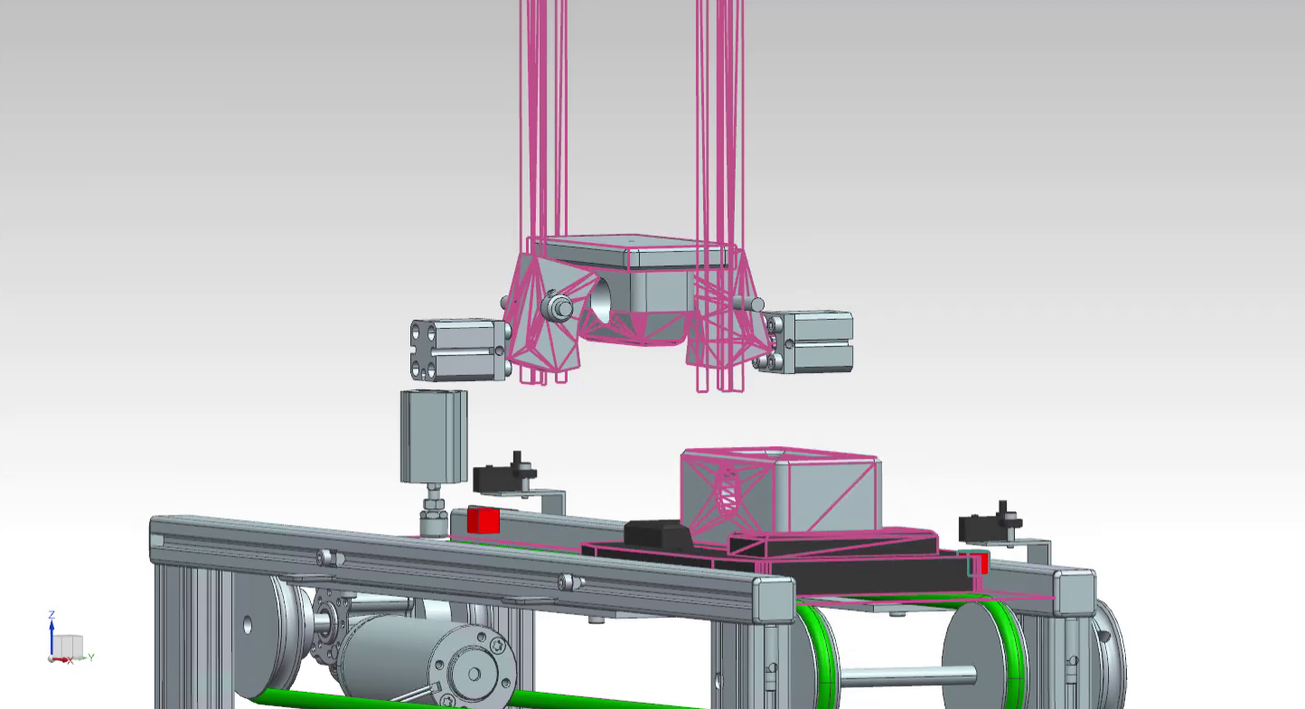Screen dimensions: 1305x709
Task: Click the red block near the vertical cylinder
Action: pyautogui.click(x=483, y=520)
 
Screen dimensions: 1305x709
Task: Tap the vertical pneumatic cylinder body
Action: pyautogui.click(x=434, y=436)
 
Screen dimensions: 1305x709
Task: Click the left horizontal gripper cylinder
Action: pyautogui.click(x=459, y=350)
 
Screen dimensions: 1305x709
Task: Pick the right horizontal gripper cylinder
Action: pyautogui.click(x=806, y=342)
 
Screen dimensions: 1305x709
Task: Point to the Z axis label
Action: pyautogui.click(x=52, y=614)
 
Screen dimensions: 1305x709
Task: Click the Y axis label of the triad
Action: pyautogui.click(x=91, y=658)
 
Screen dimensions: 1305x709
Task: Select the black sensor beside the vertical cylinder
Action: pyautogui.click(x=504, y=474)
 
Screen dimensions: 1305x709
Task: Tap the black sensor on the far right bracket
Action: pyautogui.click(x=990, y=524)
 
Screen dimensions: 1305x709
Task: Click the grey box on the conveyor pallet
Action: pyautogui.click(x=781, y=492)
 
